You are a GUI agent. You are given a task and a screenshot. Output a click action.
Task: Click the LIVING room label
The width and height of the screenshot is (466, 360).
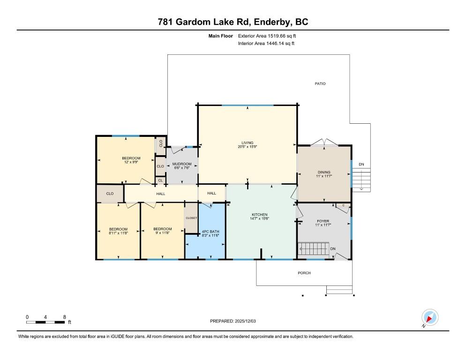pyautogui.click(x=247, y=142)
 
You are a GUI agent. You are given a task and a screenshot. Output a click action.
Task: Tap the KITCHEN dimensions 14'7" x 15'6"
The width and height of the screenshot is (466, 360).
pyautogui.click(x=259, y=218)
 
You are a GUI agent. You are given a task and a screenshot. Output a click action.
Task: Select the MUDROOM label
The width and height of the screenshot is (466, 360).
pyautogui.click(x=182, y=164)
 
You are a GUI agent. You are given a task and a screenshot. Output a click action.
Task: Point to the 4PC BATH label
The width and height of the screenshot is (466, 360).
pyautogui.click(x=210, y=231)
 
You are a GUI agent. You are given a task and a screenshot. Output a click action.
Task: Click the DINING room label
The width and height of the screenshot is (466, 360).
pyautogui.click(x=324, y=172)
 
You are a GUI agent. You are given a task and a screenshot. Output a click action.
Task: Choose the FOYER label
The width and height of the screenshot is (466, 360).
pyautogui.click(x=323, y=221)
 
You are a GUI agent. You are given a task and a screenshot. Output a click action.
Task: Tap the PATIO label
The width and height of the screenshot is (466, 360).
pyautogui.click(x=320, y=83)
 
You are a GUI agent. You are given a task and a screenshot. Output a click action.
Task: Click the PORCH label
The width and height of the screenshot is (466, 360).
pyautogui.click(x=304, y=273)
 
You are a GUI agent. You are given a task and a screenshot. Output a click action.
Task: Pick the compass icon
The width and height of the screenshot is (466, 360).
pyautogui.click(x=430, y=317)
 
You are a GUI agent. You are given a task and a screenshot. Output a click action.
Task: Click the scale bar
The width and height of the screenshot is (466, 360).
pyautogui.click(x=45, y=322)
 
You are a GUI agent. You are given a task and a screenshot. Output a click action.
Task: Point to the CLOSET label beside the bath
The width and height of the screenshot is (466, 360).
pyautogui.click(x=191, y=218)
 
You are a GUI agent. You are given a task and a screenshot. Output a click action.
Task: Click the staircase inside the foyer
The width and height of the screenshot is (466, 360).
pyautogui.click(x=314, y=248)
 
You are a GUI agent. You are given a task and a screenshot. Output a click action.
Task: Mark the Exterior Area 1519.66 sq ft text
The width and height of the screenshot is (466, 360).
pyautogui.click(x=267, y=36)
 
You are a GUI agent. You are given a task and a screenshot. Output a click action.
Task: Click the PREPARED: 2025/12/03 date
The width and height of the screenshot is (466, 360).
pyautogui.click(x=233, y=321)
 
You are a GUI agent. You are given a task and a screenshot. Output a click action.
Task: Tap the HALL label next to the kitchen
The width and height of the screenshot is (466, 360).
pyautogui.click(x=211, y=193)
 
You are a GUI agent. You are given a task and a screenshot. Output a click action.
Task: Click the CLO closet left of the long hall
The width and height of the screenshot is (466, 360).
pyautogui.click(x=110, y=194)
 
